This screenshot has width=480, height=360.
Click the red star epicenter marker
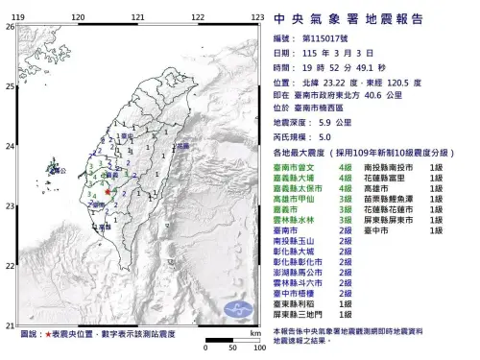click(x=108, y=192)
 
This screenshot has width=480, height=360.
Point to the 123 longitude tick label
click(x=258, y=17)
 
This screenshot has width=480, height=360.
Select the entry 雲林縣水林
click(x=294, y=220)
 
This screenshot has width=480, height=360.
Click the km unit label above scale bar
click(x=253, y=331)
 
